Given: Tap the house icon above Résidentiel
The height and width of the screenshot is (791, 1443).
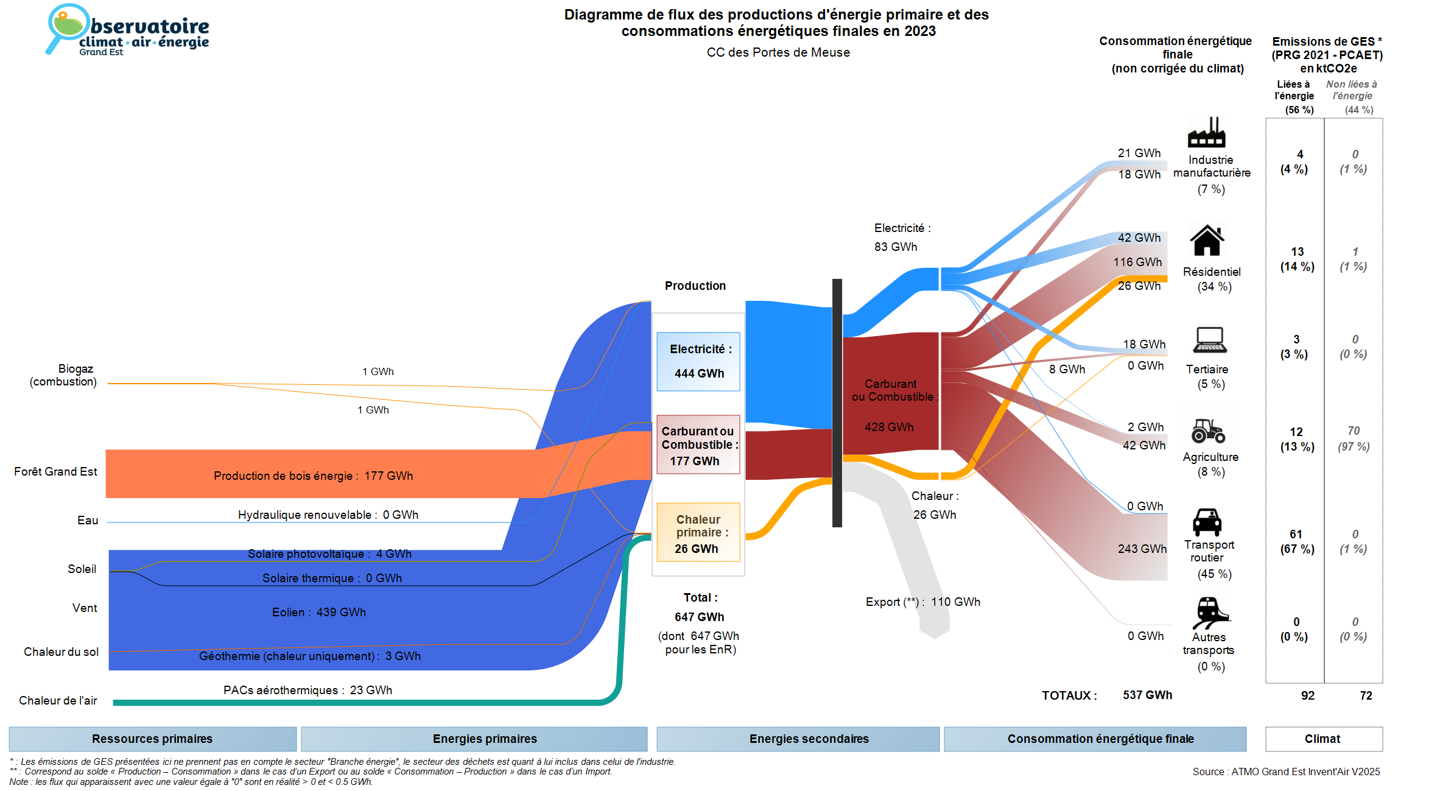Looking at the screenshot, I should click(1207, 241).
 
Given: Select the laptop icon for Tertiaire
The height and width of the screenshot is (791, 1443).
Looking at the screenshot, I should click(1209, 340).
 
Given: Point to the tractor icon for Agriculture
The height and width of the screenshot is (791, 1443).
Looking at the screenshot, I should click(1208, 431).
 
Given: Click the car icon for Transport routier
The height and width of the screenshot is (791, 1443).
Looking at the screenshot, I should click(1207, 522).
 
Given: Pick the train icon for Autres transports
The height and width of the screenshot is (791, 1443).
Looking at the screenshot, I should click(1210, 611).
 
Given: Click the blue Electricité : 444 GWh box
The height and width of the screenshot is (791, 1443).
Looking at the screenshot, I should click(698, 361).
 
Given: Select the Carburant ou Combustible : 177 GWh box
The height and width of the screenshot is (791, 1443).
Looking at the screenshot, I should click(698, 445).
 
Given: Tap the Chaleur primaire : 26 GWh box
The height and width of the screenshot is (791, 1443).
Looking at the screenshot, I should click(698, 533).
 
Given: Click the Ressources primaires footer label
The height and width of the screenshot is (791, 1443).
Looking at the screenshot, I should click(152, 739).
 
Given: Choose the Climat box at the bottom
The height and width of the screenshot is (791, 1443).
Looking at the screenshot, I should click(1323, 739).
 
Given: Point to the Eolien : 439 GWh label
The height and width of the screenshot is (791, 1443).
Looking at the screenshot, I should click(319, 612).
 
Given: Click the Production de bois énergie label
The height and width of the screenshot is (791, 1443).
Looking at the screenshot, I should click(313, 476).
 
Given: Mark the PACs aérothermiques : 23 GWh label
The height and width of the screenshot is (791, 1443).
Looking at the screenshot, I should click(307, 690).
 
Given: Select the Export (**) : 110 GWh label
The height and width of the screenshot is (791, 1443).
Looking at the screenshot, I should click(922, 602).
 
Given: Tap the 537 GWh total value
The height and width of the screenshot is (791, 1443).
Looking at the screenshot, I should click(1147, 695).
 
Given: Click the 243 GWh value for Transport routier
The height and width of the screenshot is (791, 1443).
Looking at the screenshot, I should click(1142, 549).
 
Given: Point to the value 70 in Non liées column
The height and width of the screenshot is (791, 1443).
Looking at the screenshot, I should click(1353, 431).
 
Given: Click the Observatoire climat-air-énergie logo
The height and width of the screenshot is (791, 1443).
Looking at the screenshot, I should click(128, 30).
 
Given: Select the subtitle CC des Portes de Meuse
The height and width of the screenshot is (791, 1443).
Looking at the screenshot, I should click(778, 52).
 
